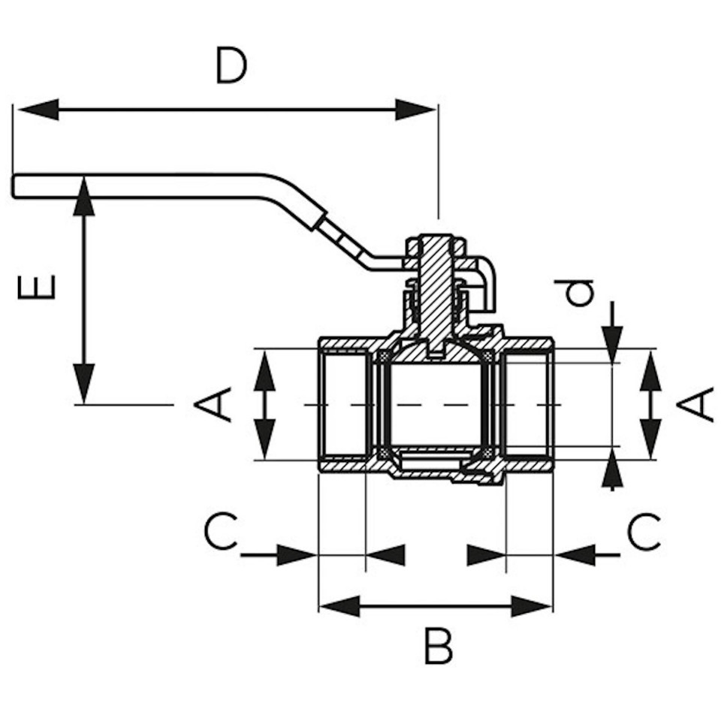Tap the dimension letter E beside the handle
coord(36,287)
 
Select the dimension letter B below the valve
coord(437,645)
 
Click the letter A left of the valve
coord(213,404)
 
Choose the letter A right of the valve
coord(695,404)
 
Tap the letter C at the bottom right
coord(644,532)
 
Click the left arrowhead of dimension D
coord(38,110)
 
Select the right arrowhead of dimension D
coord(415,110)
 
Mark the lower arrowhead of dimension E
coord(83,384)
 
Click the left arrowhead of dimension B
coord(339,607)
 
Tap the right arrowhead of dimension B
coord(532,607)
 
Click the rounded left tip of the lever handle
coord(15,187)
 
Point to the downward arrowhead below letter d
coord(611,345)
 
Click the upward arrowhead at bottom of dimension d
coord(611,468)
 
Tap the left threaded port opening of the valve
coord(345,404)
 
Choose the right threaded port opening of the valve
coord(527,404)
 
